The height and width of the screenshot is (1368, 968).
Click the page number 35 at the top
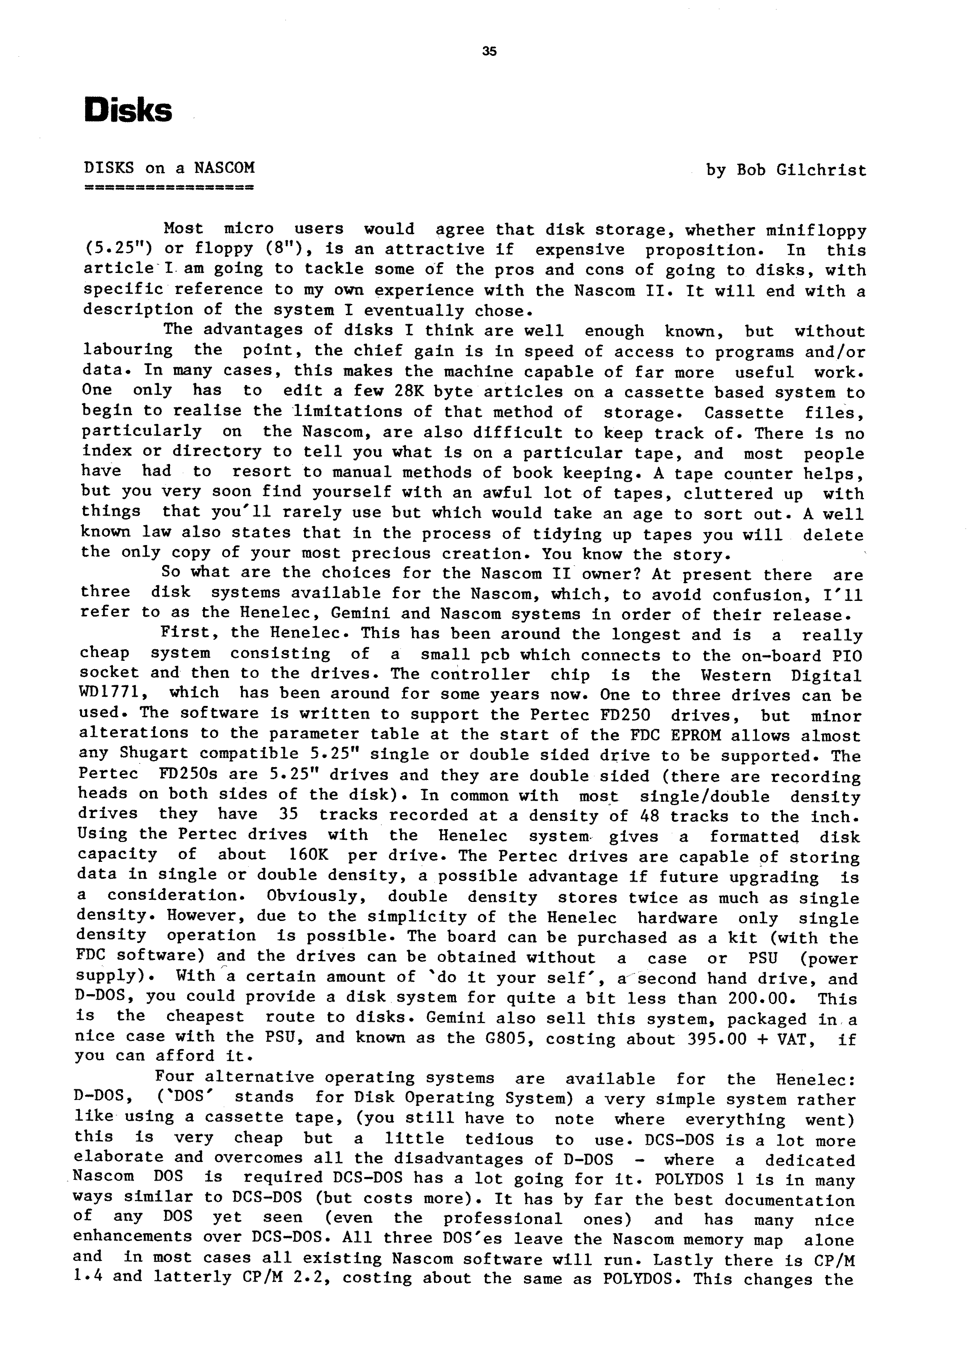click(489, 51)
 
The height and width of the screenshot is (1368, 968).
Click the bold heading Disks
click(128, 111)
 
